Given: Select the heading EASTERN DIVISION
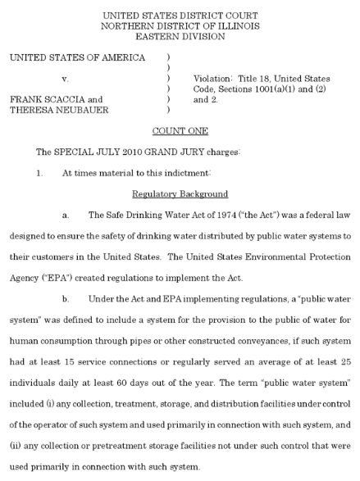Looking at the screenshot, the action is (x=180, y=37).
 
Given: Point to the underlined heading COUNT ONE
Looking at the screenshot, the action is (x=179, y=131).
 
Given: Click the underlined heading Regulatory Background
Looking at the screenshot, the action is (x=180, y=193).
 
